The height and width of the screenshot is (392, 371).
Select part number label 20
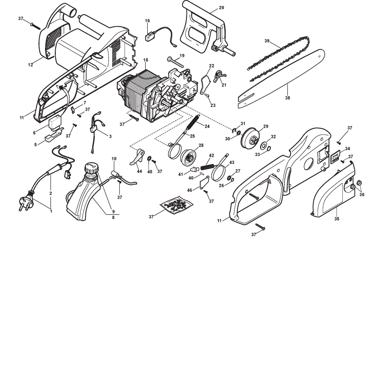click(x=221, y=7)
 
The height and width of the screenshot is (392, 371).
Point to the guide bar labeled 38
click(x=281, y=79)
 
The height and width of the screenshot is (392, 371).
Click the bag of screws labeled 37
click(x=177, y=205)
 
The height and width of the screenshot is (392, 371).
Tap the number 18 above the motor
click(x=146, y=60)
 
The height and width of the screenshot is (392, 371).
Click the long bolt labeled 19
click(x=175, y=62)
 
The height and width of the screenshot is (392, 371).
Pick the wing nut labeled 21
click(x=219, y=76)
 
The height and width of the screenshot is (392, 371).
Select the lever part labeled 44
click(x=137, y=157)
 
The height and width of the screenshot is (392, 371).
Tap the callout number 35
click(x=337, y=219)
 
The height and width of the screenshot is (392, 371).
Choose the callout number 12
click(x=31, y=65)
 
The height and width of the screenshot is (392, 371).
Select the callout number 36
click(x=362, y=194)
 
